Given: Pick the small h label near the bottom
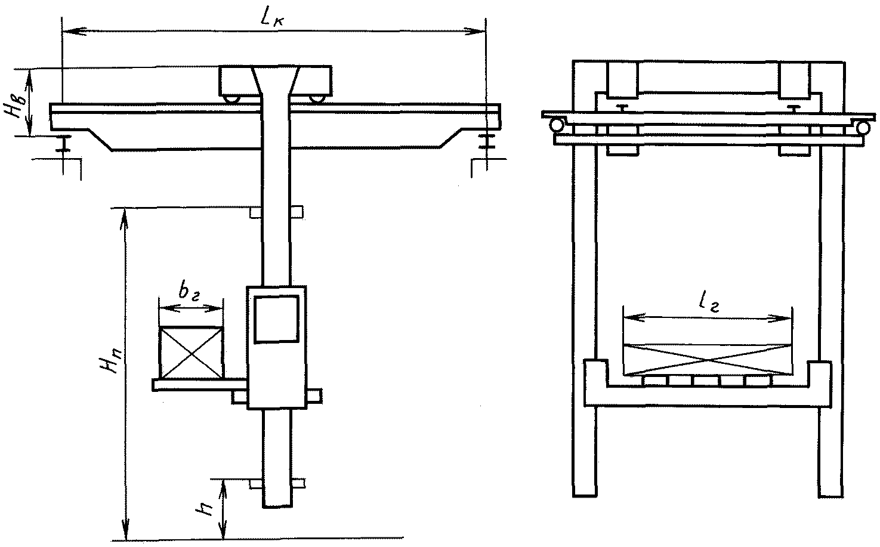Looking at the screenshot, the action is click(x=205, y=509).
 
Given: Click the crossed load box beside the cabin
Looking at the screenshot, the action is click(x=191, y=353).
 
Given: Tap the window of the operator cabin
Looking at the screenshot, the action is click(x=276, y=319).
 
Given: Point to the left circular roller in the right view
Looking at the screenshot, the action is click(x=556, y=126).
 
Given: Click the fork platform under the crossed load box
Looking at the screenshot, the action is click(x=200, y=385).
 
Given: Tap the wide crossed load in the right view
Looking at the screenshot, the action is click(x=708, y=359).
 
